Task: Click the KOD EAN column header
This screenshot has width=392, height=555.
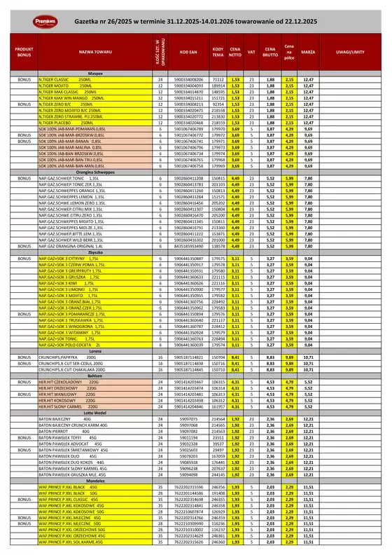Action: point(188,52)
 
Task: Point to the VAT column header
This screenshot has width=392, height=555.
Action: point(251,52)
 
